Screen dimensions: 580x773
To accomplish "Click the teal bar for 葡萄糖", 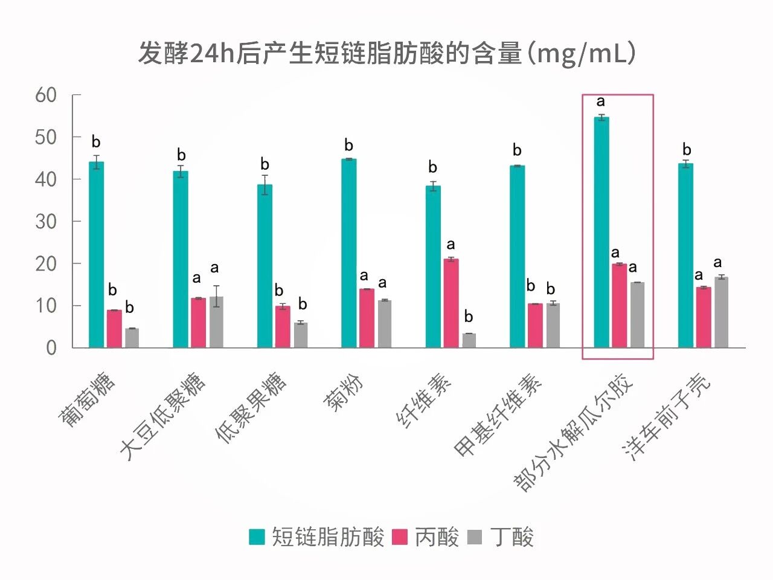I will pos(96,254).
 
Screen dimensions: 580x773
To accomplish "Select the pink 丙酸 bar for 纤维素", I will pos(451,303).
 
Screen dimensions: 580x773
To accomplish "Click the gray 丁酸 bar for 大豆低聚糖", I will pos(216,322).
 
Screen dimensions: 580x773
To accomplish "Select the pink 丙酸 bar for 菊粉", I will pos(367,318).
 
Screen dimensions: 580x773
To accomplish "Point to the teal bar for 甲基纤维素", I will pos(517,256).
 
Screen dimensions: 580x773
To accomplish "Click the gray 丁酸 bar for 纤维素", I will pos(469,340).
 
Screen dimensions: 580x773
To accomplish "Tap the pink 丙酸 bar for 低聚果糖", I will pos(283,326).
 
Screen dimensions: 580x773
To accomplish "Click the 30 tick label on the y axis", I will pos(46,222).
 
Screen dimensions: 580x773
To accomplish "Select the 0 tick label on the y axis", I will pos(51,348).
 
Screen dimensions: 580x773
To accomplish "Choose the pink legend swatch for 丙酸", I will pos(400,536).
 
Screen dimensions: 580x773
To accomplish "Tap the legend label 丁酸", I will pos(512,536).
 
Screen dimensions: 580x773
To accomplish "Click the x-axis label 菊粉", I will pos(344,392).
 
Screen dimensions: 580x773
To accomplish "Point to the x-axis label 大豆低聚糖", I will pos(162,416).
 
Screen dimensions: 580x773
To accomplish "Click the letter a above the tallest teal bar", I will pos(600,101).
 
